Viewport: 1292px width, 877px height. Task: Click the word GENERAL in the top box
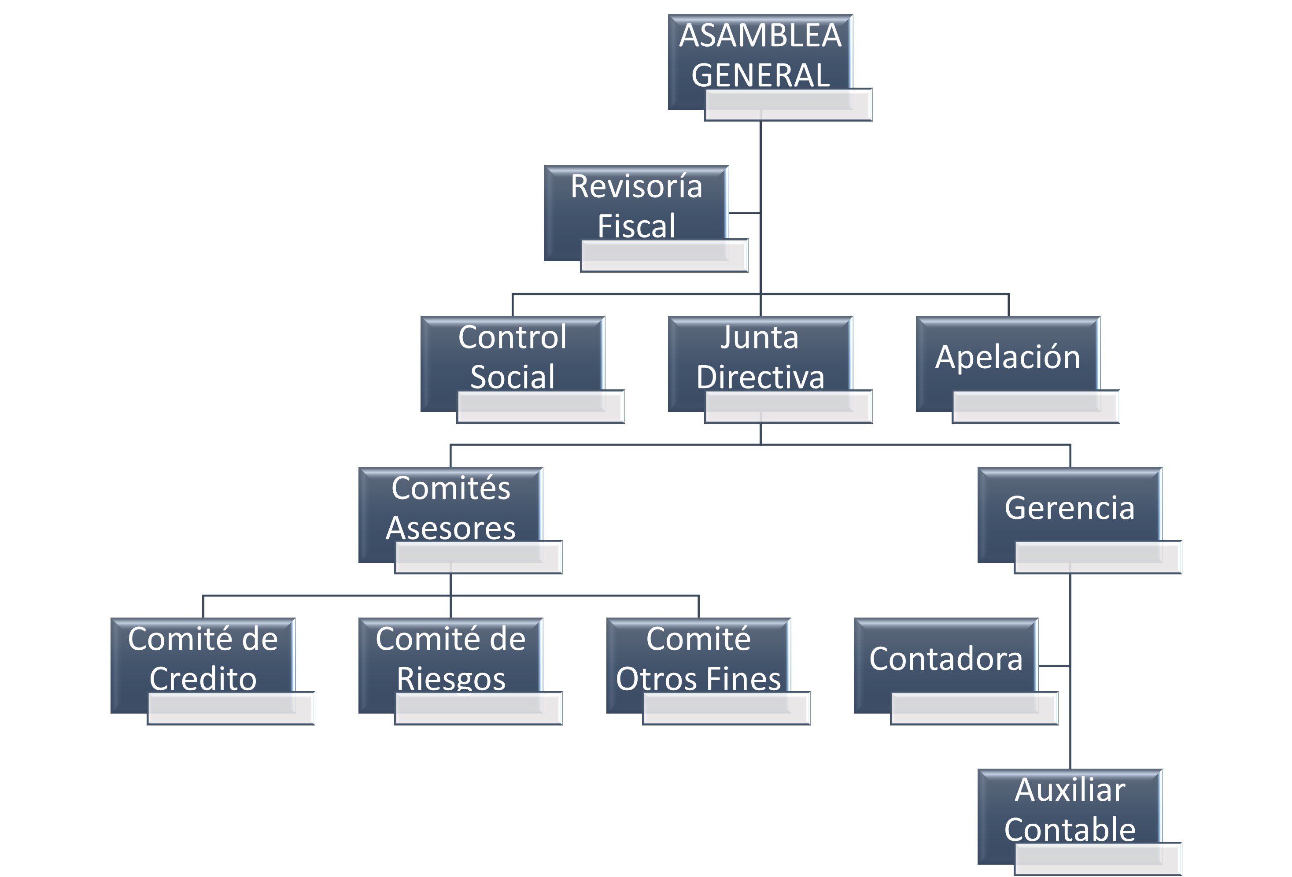(x=760, y=75)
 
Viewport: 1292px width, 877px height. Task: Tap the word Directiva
(x=760, y=377)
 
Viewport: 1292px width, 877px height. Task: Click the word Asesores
(x=451, y=528)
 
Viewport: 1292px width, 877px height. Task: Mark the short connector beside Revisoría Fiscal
(x=744, y=212)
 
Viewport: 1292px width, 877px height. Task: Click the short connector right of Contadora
(x=1053, y=665)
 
